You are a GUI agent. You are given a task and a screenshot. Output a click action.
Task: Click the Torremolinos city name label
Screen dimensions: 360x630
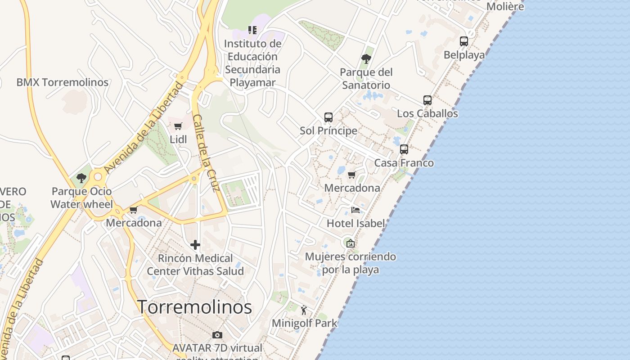194,307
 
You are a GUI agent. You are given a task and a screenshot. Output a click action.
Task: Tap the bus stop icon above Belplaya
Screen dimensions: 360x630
464,41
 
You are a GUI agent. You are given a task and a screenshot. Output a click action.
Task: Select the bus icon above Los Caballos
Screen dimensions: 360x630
427,100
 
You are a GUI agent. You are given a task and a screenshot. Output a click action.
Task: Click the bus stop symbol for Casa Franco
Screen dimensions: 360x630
404,149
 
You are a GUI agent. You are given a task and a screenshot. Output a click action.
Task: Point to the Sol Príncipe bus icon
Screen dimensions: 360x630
328,117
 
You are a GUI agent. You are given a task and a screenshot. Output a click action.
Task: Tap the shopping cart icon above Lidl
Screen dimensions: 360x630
178,126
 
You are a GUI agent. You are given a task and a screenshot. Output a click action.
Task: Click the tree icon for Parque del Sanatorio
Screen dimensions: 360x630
366,58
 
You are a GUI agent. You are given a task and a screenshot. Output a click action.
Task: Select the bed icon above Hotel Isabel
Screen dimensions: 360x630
355,210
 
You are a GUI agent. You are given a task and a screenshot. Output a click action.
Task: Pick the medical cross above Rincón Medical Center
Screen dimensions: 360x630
195,245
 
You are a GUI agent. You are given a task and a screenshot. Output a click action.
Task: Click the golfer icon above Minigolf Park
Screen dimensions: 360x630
304,310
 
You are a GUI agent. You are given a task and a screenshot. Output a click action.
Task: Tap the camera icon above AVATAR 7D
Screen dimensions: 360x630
217,335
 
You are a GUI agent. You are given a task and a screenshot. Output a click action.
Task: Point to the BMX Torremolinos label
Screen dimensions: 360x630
63,82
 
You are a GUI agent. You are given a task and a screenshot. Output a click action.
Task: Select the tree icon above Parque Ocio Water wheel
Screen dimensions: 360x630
81,178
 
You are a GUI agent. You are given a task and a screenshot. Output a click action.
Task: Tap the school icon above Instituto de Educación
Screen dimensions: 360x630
252,30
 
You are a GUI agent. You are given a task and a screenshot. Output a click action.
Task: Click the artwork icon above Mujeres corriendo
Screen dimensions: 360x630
351,243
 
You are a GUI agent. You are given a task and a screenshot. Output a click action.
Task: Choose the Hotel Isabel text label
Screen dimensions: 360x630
355,223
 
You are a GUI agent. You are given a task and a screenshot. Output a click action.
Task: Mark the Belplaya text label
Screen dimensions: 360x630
464,55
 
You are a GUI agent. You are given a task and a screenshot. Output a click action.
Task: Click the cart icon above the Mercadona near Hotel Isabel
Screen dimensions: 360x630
352,175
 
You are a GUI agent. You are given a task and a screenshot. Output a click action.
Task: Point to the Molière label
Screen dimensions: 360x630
505,7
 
